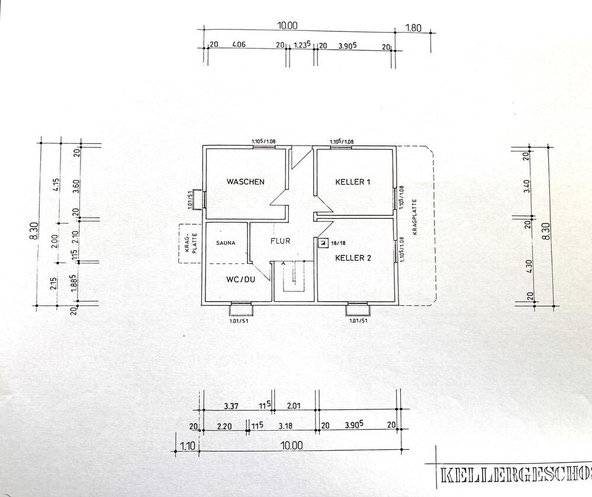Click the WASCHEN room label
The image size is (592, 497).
[x=245, y=182]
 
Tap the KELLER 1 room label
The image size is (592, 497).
[x=353, y=182]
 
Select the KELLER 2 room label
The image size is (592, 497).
[x=353, y=258]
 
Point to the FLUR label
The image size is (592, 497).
[x=281, y=241]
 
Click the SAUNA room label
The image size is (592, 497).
[x=226, y=243]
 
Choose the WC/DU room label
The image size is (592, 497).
[x=240, y=279]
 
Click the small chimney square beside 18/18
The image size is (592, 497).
[x=323, y=243]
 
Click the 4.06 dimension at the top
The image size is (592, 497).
[x=239, y=44]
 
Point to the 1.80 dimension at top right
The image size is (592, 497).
[x=413, y=27]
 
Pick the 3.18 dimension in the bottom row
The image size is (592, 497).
[x=285, y=425]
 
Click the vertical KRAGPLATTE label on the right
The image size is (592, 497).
[x=415, y=217]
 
